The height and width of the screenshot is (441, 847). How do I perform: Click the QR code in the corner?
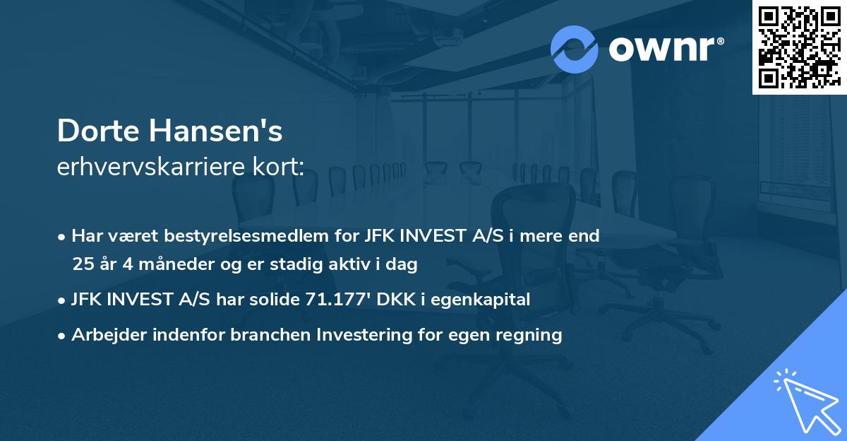click(x=799, y=47)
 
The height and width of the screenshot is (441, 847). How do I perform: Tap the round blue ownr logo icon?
click(x=575, y=49)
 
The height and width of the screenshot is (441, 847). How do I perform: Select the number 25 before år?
click(x=83, y=265)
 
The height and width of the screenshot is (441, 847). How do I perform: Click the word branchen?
click(x=263, y=335)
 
